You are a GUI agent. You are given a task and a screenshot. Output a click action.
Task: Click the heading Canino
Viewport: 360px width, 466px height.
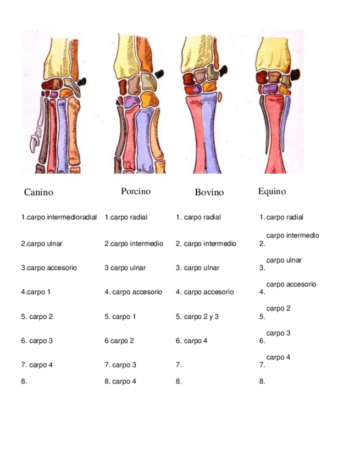pos(38,192)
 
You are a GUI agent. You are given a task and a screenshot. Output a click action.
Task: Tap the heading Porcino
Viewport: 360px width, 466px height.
pos(136,191)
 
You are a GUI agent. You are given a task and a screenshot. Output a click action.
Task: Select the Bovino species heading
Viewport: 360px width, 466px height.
pos(209,192)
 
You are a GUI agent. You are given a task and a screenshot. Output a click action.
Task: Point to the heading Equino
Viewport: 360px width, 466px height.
pos(272,191)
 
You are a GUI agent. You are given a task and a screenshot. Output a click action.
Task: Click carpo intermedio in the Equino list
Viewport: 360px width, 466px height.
pos(292,235)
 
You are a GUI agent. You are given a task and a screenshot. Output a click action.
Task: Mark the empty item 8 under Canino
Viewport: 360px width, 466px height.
pos(24,381)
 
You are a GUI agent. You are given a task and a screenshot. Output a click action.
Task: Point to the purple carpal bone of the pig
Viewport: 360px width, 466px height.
pos(129,101)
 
